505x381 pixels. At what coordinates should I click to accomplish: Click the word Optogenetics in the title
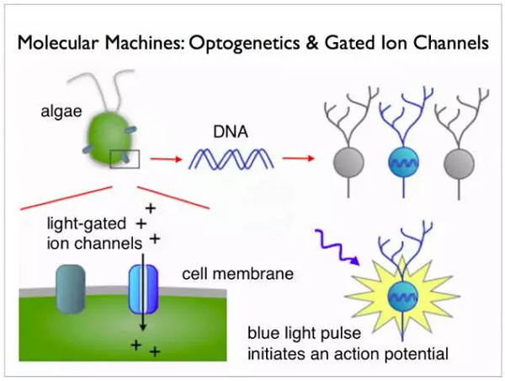pyautogui.click(x=244, y=43)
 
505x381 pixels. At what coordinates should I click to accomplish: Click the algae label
pyautogui.click(x=61, y=111)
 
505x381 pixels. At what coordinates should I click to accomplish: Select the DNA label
pyautogui.click(x=231, y=132)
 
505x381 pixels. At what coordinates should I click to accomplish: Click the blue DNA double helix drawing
pyautogui.click(x=231, y=158)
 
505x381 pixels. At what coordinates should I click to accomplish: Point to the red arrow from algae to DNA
pyautogui.click(x=166, y=158)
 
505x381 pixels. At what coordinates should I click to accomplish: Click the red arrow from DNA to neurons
pyautogui.click(x=298, y=158)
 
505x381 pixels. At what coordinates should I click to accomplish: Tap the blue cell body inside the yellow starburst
pyautogui.click(x=403, y=296)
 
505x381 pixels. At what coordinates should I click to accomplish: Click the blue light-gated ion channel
pyautogui.click(x=143, y=289)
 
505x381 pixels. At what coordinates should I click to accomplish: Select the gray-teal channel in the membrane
pyautogui.click(x=71, y=289)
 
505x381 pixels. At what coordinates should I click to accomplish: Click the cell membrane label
pyautogui.click(x=237, y=274)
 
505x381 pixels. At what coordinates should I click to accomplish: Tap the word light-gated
pyautogui.click(x=87, y=224)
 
